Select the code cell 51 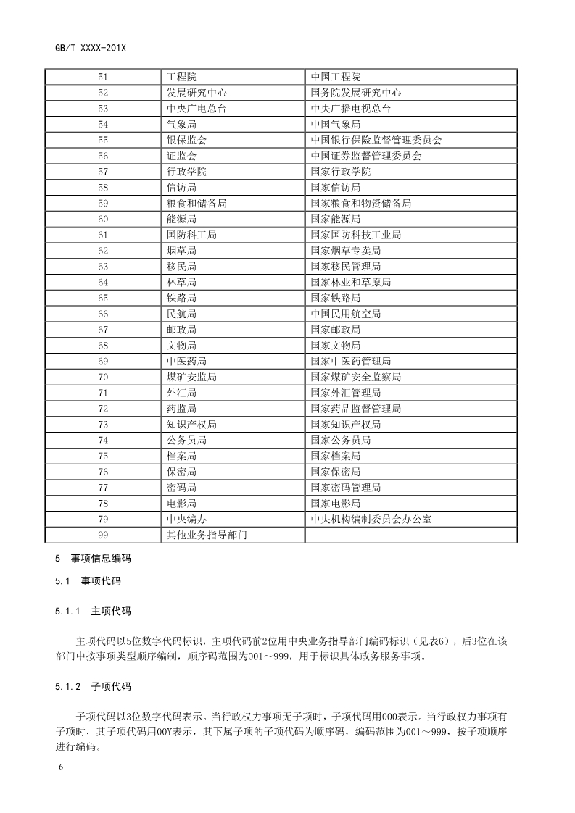(102, 77)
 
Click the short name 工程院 (181, 77)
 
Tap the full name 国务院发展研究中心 (355, 93)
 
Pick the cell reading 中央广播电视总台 (350, 109)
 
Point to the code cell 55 (102, 140)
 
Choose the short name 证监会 (181, 156)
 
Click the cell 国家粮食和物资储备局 (360, 204)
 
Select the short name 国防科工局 (191, 235)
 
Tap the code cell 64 (102, 283)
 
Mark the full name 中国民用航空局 (345, 314)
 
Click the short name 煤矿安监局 (191, 377)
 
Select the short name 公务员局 (186, 440)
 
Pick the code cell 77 (102, 488)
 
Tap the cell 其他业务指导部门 (207, 535)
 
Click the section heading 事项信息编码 (101, 559)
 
